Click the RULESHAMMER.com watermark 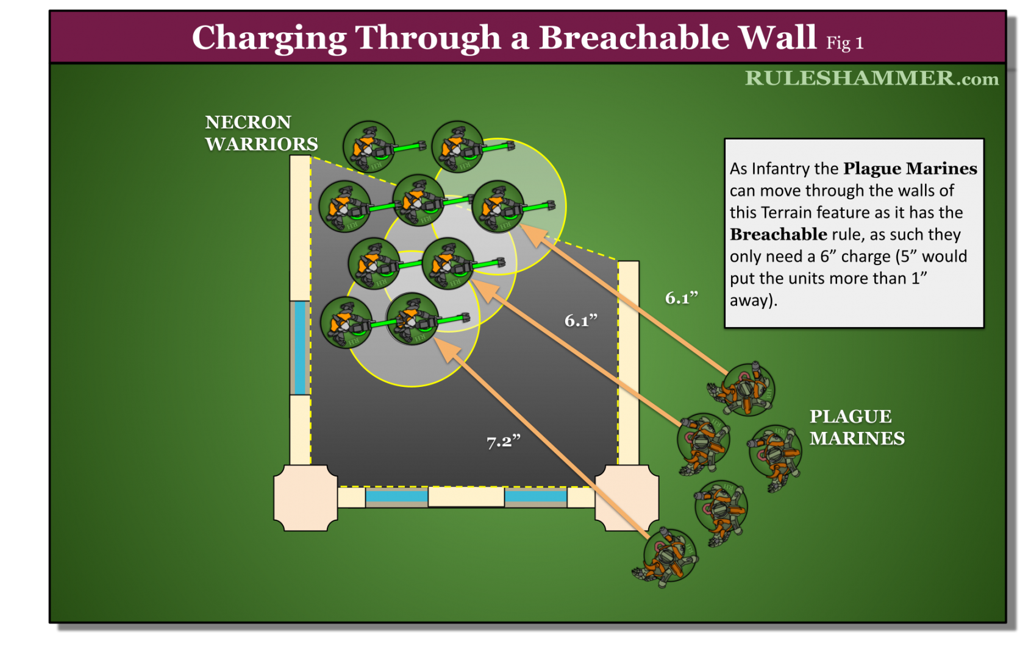coord(871,79)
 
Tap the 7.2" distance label coord(503,441)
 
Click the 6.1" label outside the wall coord(681,298)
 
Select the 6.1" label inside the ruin coord(580,320)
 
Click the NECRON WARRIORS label coord(261,133)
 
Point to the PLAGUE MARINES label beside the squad coord(856,427)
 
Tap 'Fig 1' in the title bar coord(844,43)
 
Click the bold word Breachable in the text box coord(778,235)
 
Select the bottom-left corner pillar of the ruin coord(305,498)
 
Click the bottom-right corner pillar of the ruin coord(627,498)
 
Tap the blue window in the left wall coord(299,347)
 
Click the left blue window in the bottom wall coord(396,496)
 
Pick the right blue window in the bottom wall coord(535,496)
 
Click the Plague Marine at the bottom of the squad coord(668,556)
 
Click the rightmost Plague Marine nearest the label coord(775,453)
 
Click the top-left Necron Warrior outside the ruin coord(369,147)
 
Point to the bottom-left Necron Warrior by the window coord(346,322)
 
